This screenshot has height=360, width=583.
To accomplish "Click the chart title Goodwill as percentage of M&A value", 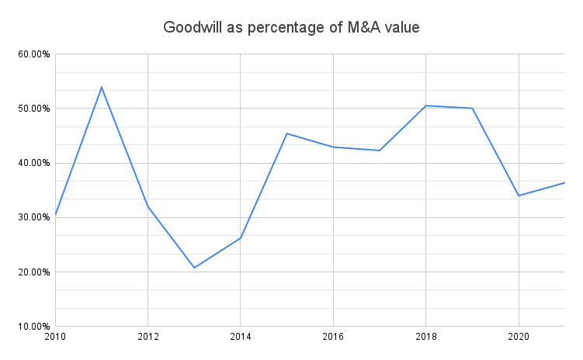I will (x=291, y=27).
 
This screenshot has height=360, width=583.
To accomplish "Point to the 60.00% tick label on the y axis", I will (x=32, y=54).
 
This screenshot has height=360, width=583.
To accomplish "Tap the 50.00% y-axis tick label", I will (x=32, y=109).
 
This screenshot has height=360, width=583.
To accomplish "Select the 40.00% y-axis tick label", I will (x=32, y=163).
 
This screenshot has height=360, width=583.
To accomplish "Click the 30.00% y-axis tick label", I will (x=32, y=217).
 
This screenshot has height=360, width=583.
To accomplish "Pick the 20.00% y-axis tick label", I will (x=32, y=272).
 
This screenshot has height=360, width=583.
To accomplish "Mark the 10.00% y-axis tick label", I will (x=32, y=327).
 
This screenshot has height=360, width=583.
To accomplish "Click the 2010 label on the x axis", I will (x=55, y=337).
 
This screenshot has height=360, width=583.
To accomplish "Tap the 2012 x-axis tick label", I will (x=147, y=337).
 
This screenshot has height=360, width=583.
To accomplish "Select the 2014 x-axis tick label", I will (x=241, y=337).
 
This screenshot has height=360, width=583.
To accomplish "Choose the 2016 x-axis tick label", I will (x=333, y=337).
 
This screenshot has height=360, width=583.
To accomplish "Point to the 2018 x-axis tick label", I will (x=426, y=337).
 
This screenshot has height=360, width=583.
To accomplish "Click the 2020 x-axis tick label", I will (x=519, y=337).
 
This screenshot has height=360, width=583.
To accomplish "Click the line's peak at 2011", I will (x=102, y=87).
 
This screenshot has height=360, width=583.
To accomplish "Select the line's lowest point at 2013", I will (x=194, y=268).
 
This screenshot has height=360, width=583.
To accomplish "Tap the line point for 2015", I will (x=287, y=133).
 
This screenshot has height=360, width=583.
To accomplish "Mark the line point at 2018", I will (x=426, y=106).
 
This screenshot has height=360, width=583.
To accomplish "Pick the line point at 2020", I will (x=519, y=196).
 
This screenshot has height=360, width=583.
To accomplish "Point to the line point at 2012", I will (x=147, y=206).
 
